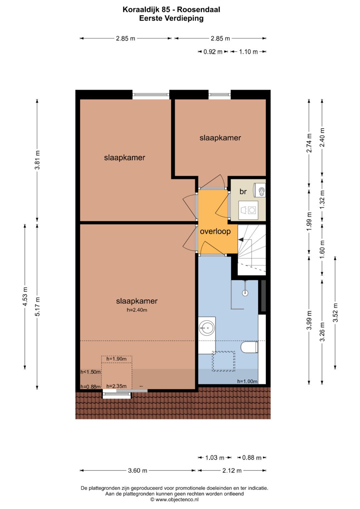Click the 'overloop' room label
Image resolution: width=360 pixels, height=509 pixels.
coord(215,232)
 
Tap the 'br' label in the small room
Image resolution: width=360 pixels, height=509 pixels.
coord(243,192)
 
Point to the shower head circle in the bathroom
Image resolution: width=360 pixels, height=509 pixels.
coord(245,293)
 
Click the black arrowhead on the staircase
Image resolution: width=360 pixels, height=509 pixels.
coord(240,239)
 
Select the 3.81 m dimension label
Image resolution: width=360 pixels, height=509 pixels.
coord(37,160)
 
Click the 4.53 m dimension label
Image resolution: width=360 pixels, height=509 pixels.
coord(25,297)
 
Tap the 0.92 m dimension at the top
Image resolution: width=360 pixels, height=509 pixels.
coord(213,52)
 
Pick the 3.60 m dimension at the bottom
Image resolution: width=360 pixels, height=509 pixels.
coord(137,470)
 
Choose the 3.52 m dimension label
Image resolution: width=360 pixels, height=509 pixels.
coord(335,313)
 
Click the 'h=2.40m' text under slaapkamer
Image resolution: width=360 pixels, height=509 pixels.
coord(137,310)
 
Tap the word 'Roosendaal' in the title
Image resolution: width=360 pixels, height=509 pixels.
coord(198,10)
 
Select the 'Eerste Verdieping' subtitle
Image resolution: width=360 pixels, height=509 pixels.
coord(171,18)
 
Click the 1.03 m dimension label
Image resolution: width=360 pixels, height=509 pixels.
coord(215,457)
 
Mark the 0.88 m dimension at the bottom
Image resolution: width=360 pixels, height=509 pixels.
coord(252,457)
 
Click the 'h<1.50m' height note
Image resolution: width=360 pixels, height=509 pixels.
coord(91,372)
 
